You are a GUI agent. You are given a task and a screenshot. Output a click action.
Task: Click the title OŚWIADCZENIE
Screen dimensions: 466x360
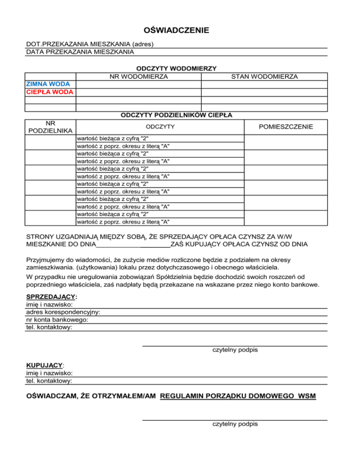point(176,31)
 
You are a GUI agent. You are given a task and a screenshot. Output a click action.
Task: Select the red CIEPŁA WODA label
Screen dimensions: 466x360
point(50,92)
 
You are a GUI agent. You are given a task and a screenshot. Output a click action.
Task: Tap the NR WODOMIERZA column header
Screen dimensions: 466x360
point(139,76)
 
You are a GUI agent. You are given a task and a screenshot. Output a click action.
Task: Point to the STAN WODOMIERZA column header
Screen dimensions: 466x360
point(264,76)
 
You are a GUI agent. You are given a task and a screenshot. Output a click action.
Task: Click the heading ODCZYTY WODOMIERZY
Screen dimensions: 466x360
point(176,68)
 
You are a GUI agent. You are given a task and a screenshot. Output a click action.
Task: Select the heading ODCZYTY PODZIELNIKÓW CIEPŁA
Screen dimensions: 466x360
point(177,114)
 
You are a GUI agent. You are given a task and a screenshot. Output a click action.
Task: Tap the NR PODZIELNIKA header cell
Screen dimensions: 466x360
point(50,127)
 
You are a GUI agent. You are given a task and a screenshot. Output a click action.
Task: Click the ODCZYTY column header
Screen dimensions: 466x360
point(160,127)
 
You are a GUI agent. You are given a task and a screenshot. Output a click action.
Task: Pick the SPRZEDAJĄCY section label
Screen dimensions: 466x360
point(52,297)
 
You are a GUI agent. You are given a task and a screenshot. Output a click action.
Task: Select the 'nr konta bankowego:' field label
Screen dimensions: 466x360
point(57,320)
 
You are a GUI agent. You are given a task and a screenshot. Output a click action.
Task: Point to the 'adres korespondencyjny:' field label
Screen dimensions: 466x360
point(63,312)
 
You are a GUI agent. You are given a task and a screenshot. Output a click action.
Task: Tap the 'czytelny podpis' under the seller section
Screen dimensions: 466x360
point(235,350)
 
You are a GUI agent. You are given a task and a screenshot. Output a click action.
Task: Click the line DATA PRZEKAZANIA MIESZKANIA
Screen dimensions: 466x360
point(80,52)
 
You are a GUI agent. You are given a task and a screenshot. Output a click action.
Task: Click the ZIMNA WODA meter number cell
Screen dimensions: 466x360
point(139,84)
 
